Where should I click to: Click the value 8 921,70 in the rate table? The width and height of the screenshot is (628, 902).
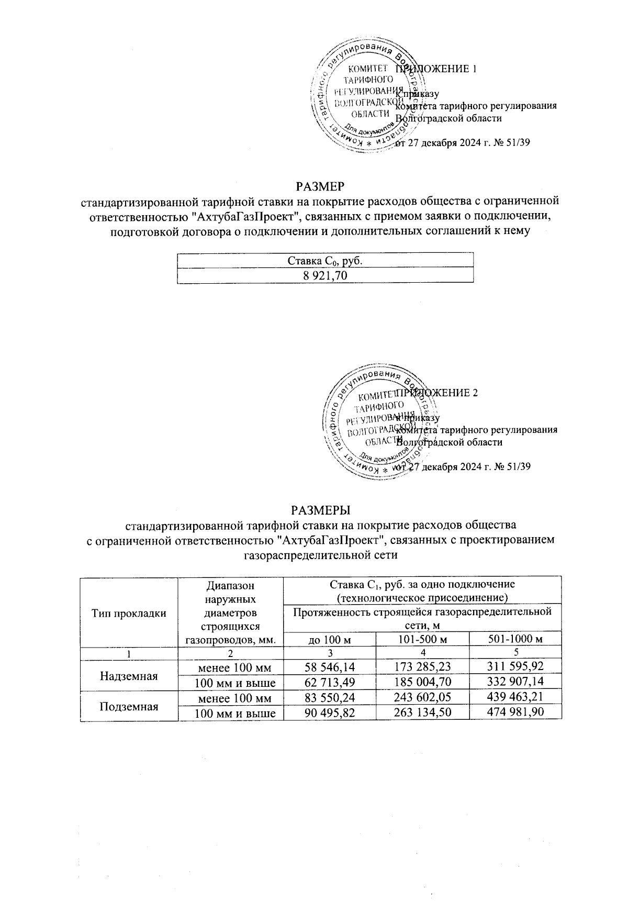pos(325,275)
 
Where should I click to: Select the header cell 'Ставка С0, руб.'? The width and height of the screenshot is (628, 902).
pos(325,260)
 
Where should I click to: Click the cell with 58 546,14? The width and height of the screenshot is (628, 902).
pos(330,666)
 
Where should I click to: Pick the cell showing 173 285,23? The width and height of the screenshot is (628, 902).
pos(423,666)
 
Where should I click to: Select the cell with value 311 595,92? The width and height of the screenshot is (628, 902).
pos(515,666)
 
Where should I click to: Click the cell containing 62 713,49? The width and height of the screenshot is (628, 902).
pos(330,682)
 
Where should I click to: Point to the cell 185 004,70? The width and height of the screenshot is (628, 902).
pos(423,682)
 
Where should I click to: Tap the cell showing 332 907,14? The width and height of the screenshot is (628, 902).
pos(515,682)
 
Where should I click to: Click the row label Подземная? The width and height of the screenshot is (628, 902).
pos(129,706)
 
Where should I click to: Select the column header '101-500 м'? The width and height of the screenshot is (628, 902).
pos(423,639)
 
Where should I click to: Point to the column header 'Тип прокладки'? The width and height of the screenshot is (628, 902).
pos(129,613)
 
